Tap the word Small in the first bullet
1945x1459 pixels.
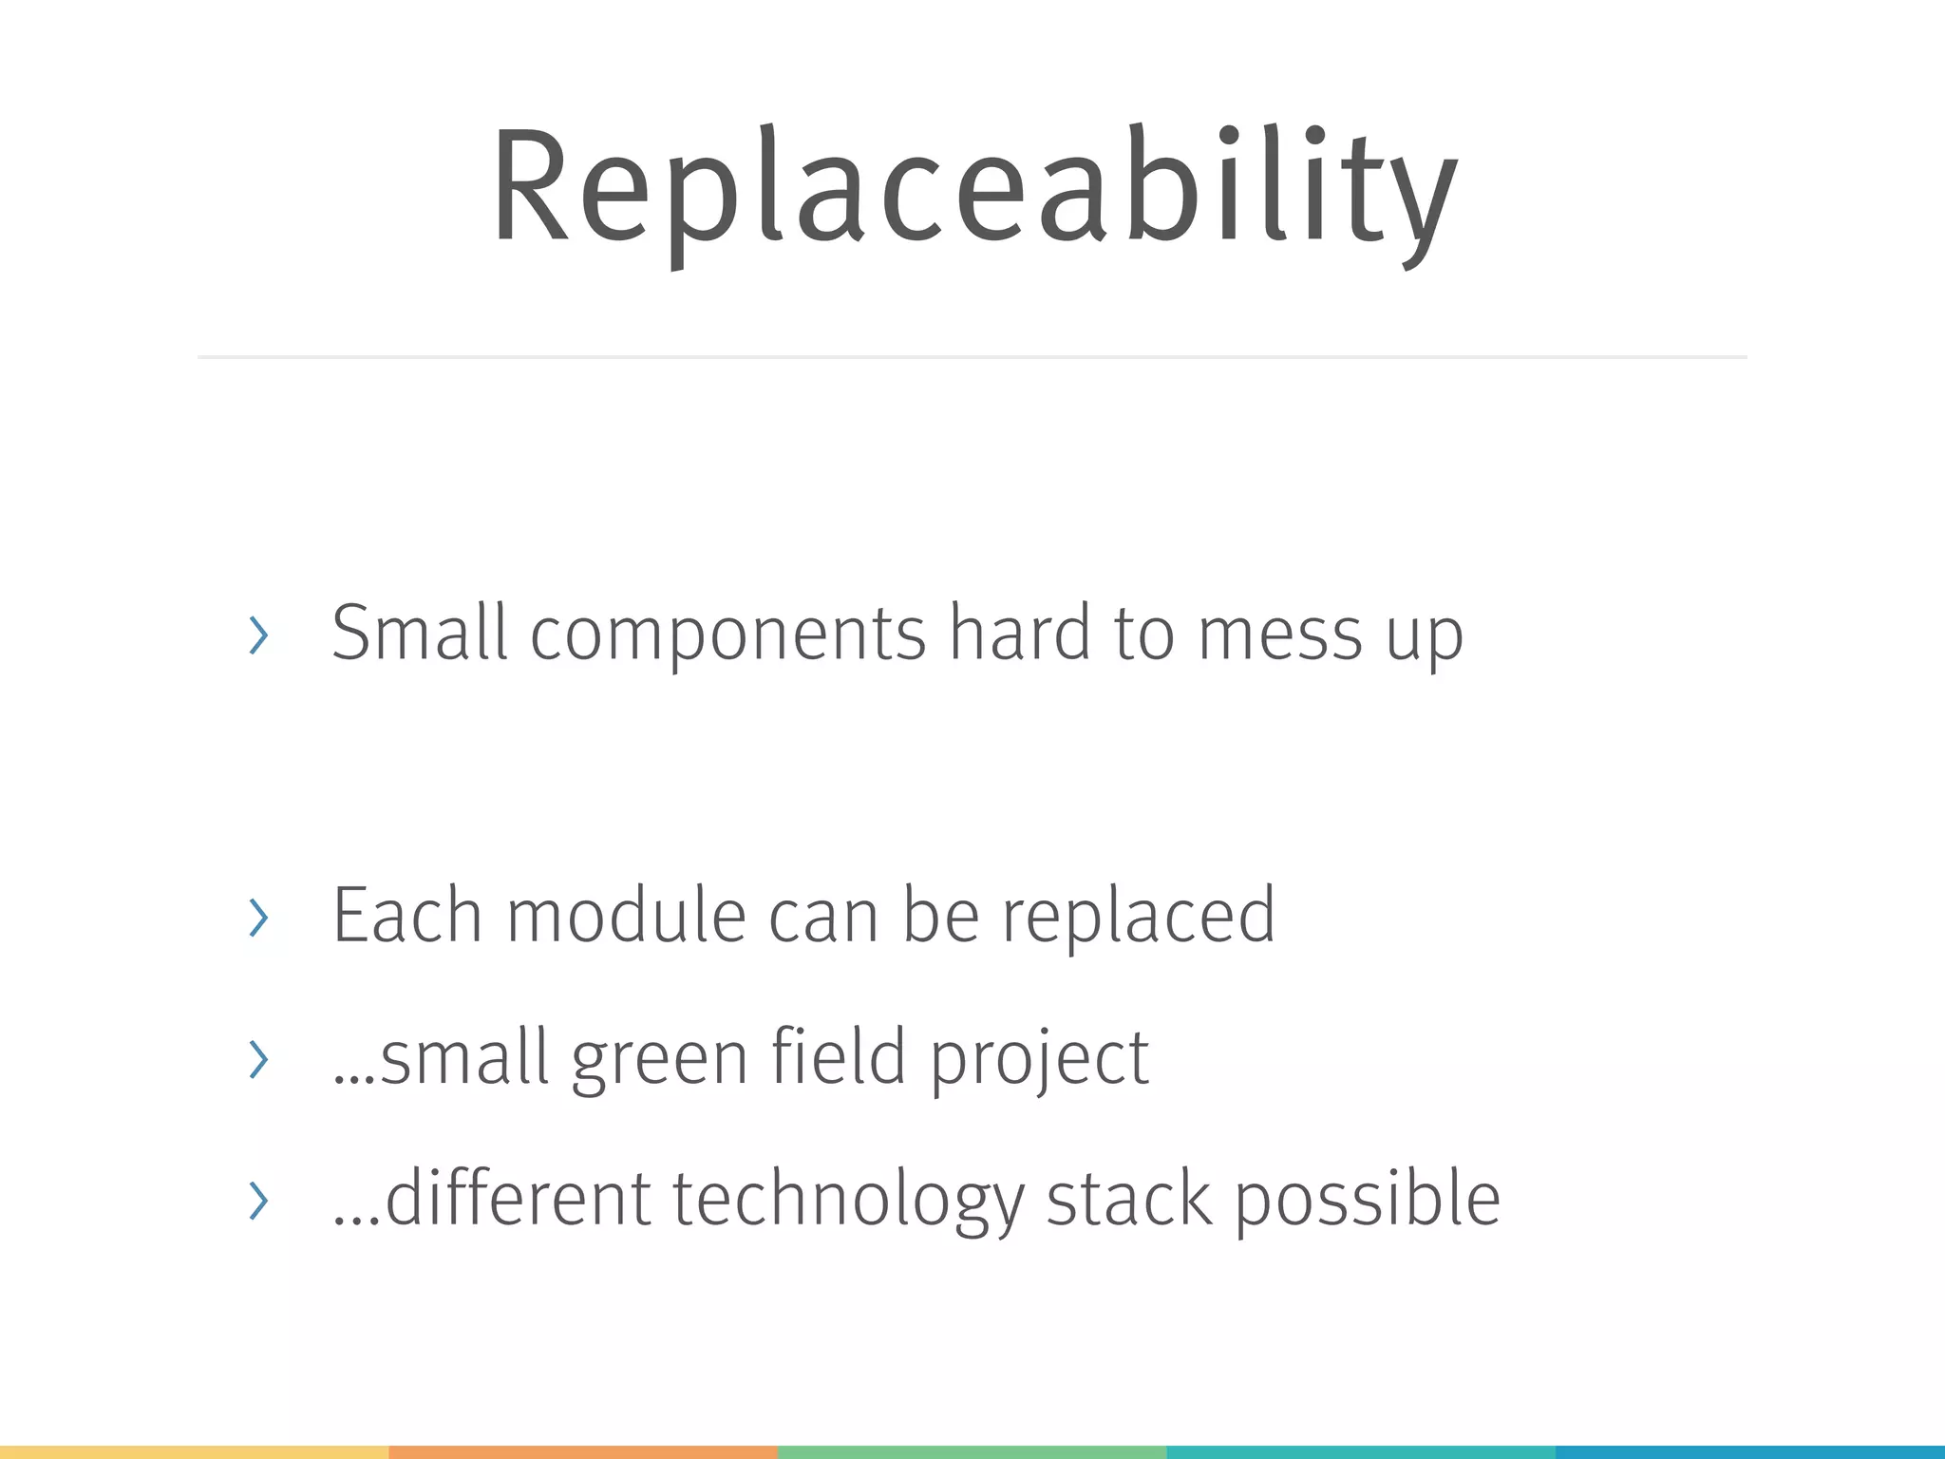(x=419, y=633)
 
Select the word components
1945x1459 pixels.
(x=727, y=635)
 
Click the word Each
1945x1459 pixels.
(x=407, y=916)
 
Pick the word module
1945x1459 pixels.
(x=626, y=916)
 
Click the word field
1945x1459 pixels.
(x=838, y=1056)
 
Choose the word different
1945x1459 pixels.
(x=518, y=1199)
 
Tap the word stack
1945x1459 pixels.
(x=1128, y=1199)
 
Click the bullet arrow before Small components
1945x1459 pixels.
(x=257, y=635)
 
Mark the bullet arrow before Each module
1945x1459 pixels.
(x=257, y=918)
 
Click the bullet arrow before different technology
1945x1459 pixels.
(x=257, y=1201)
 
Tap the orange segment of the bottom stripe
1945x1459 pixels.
(x=583, y=1452)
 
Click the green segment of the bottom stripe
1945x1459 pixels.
(x=972, y=1452)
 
